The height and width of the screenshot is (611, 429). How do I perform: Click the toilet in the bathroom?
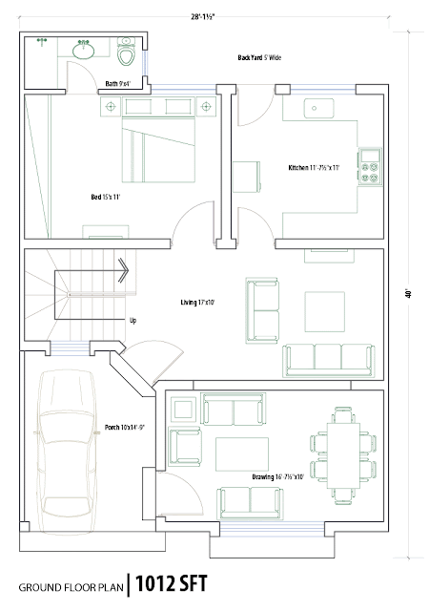[126, 52]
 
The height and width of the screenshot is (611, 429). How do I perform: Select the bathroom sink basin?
[83, 51]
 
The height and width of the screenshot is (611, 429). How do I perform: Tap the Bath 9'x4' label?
[118, 83]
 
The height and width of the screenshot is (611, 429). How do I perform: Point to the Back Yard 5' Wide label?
[259, 57]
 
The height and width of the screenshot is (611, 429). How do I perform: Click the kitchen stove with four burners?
[370, 167]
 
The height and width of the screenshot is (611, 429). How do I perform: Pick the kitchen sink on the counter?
[318, 108]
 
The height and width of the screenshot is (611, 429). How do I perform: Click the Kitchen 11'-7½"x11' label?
[314, 168]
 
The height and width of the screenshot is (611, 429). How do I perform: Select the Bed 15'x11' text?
[106, 198]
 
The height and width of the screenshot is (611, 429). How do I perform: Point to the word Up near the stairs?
[133, 321]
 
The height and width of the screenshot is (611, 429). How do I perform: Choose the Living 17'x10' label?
[197, 303]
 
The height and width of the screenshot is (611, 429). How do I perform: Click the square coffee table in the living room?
[325, 312]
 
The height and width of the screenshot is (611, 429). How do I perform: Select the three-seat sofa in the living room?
[329, 361]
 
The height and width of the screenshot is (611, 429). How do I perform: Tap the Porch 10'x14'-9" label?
[125, 428]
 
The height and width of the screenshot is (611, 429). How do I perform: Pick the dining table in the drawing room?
[343, 455]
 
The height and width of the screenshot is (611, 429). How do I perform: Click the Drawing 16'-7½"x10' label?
[277, 477]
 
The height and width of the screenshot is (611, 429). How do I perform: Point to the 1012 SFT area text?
[172, 583]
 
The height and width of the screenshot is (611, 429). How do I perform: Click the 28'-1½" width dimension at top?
[203, 17]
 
